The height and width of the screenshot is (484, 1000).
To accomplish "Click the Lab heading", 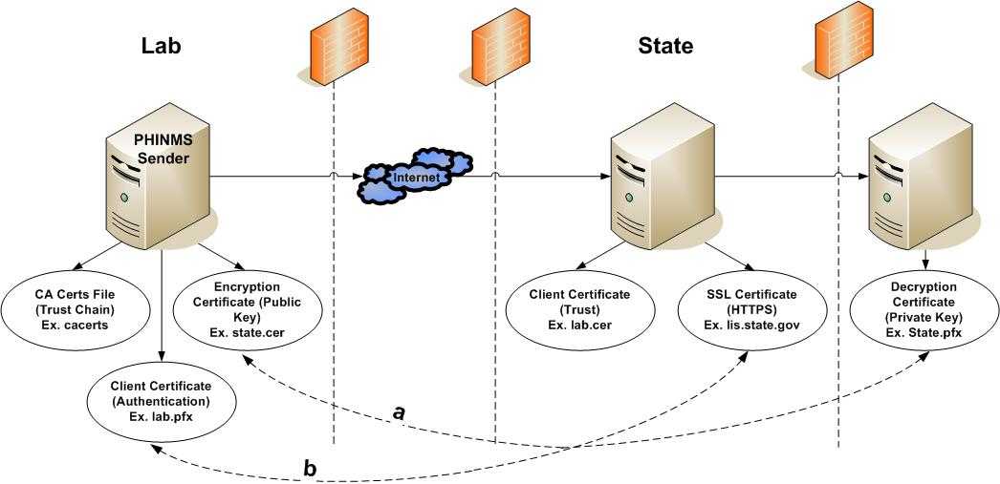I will tap(162, 46).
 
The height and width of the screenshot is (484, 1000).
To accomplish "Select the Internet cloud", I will tap(416, 177).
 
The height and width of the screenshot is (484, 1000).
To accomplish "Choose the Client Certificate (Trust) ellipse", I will tap(578, 309).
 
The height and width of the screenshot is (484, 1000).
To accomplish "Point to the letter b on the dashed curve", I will tap(309, 468).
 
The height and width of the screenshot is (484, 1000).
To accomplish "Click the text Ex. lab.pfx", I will tap(162, 412).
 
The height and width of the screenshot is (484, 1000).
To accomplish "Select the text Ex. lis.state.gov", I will tap(750, 325).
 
